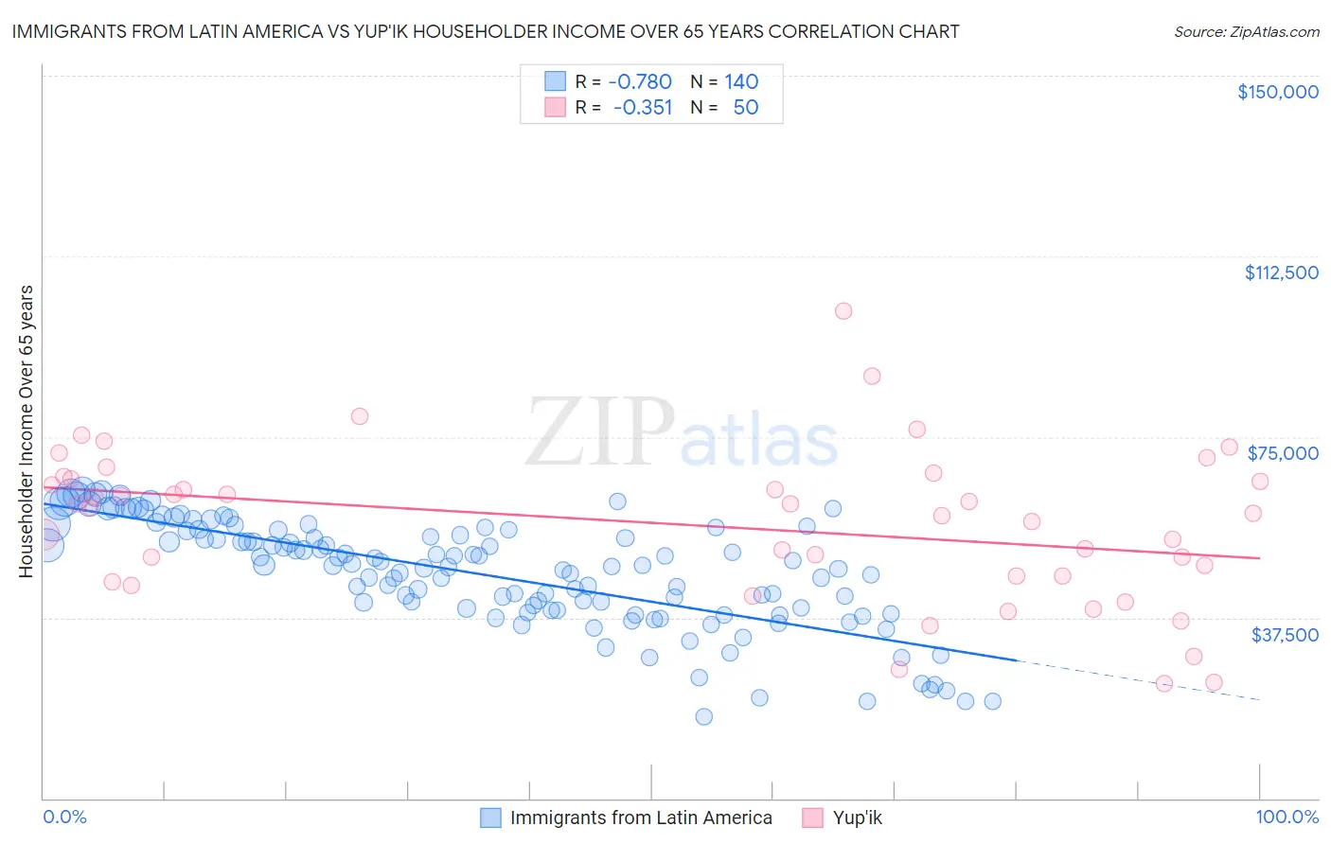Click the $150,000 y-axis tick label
click(1277, 92)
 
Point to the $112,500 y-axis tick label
click(1281, 273)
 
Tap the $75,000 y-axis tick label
click(1283, 453)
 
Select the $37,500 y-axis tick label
click(1284, 635)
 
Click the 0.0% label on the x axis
click(64, 817)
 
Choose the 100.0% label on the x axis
click(1287, 817)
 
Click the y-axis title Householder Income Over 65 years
click(26, 431)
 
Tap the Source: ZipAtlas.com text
click(1246, 31)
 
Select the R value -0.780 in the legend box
click(640, 81)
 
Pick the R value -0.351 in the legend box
click(642, 107)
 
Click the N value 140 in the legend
click(741, 81)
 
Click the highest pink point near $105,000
click(843, 311)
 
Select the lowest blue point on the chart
click(703, 716)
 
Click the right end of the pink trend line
click(1258, 558)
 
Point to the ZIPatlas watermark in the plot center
click(681, 433)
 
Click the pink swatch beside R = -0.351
click(555, 107)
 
